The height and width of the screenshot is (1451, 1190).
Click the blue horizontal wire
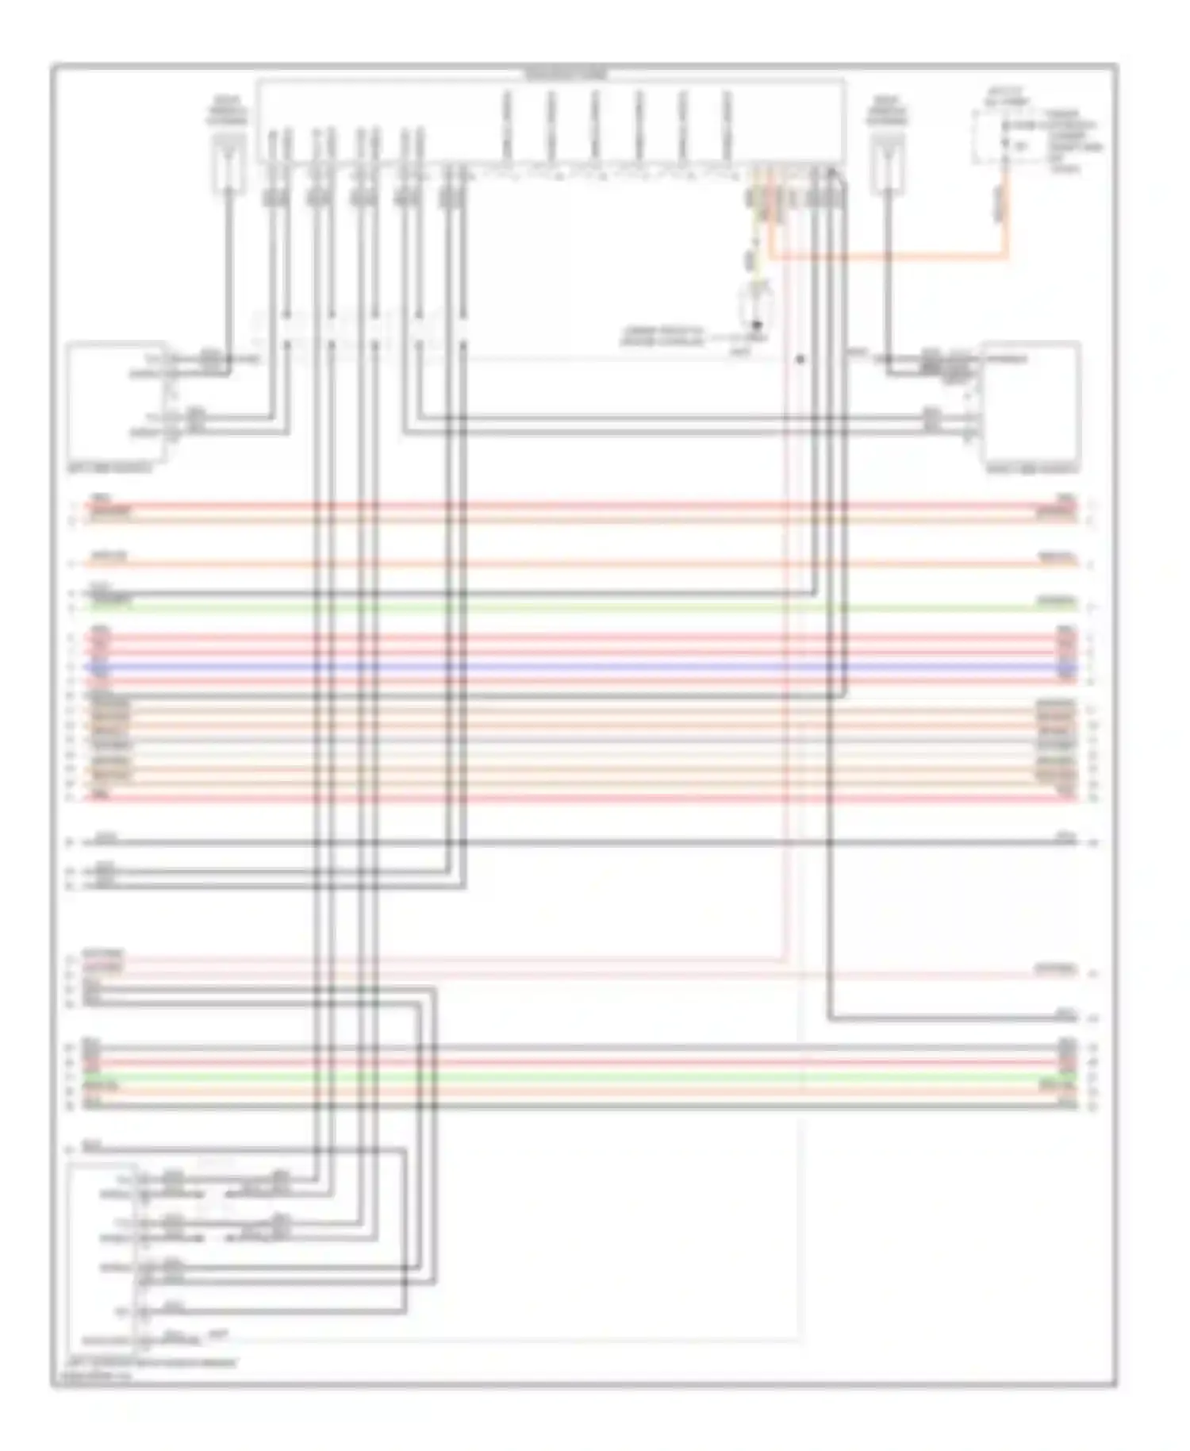[555, 668]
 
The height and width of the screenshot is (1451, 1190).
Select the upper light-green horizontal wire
[555, 608]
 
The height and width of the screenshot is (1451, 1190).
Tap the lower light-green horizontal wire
[555, 1077]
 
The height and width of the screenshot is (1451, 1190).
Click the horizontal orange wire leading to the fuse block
[889, 256]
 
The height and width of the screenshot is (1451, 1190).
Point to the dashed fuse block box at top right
[1001, 137]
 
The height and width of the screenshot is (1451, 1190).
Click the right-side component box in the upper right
[1031, 403]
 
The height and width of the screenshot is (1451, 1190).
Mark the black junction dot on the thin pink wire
[800, 360]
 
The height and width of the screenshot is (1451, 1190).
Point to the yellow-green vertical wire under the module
[756, 238]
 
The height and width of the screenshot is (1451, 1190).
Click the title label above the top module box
[566, 74]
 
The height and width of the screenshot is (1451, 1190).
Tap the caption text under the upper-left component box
[110, 468]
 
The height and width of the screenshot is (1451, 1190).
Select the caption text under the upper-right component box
[1031, 469]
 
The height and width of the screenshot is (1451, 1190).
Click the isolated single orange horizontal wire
[555, 564]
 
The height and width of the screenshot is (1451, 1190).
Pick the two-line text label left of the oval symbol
[662, 337]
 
